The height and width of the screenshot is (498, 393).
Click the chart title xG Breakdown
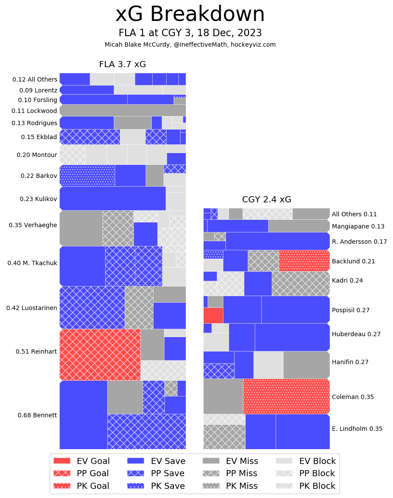click(x=190, y=15)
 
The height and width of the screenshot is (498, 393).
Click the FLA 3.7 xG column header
click(x=122, y=65)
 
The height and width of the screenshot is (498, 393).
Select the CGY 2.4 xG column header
click(x=267, y=200)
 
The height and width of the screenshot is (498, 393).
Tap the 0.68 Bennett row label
click(x=37, y=415)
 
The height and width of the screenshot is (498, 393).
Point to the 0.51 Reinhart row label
click(x=36, y=351)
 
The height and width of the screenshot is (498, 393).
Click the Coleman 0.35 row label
click(x=352, y=397)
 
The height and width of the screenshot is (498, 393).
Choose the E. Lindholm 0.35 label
click(x=357, y=429)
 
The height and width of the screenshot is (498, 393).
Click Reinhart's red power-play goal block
click(x=100, y=355)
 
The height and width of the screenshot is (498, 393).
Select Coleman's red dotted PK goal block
click(x=286, y=396)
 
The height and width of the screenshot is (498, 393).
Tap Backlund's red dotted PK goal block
click(x=304, y=261)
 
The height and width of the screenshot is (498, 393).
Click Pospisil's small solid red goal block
click(x=213, y=315)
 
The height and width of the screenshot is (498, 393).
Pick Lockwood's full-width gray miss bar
click(x=123, y=110)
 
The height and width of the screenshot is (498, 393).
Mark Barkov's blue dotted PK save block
click(x=87, y=175)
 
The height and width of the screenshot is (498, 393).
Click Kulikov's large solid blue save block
click(x=113, y=198)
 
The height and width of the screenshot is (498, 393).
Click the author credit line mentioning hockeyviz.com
click(x=190, y=44)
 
